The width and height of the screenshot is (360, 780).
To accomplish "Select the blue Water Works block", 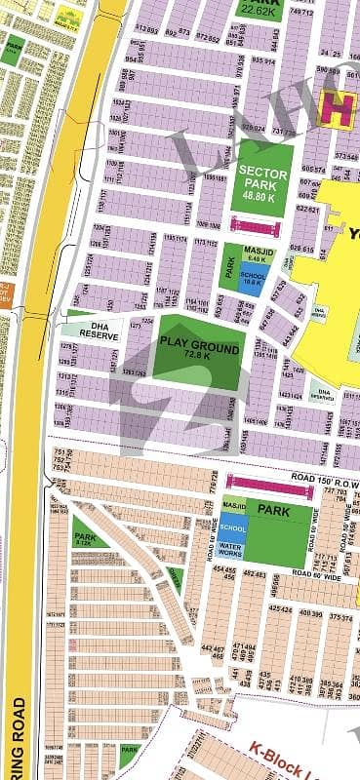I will (232, 552).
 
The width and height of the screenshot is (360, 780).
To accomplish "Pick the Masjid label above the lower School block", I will (232, 504).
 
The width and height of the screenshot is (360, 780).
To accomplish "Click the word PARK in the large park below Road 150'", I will (283, 509).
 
